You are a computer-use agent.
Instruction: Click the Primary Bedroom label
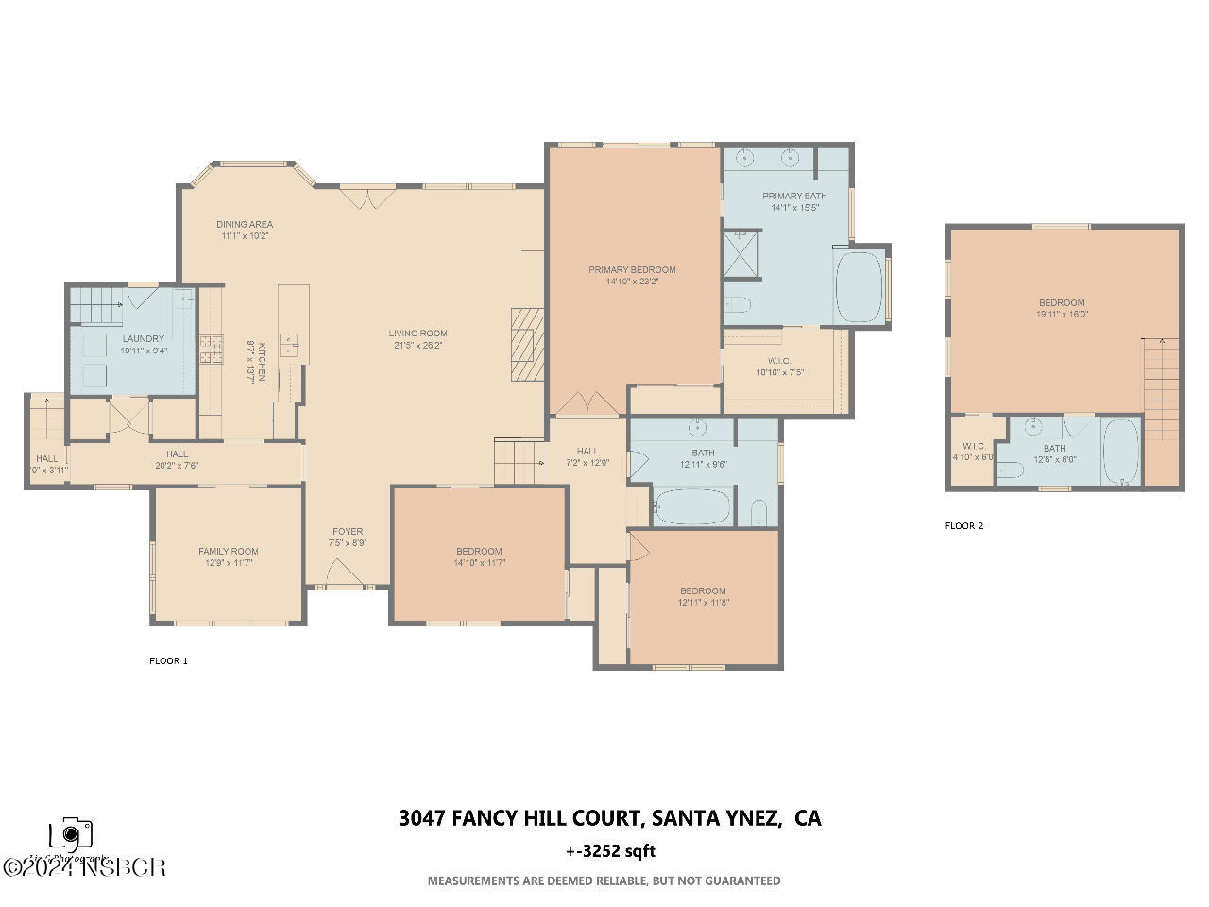click(x=632, y=269)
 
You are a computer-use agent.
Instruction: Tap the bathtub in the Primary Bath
click(x=859, y=286)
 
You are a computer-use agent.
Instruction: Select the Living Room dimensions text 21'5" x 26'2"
click(x=417, y=346)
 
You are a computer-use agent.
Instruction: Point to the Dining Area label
click(x=245, y=224)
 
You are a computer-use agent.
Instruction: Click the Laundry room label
click(x=144, y=338)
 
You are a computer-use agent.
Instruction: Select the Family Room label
click(x=228, y=551)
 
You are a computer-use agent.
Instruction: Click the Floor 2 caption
click(x=964, y=525)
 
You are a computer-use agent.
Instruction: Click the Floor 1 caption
click(x=168, y=660)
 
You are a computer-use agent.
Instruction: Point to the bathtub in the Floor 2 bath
click(x=1121, y=452)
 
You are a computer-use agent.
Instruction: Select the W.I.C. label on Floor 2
click(x=974, y=446)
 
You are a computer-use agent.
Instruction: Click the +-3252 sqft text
click(x=610, y=850)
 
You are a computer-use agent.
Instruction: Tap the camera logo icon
click(x=71, y=833)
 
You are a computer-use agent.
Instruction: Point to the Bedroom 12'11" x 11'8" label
click(x=703, y=590)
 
